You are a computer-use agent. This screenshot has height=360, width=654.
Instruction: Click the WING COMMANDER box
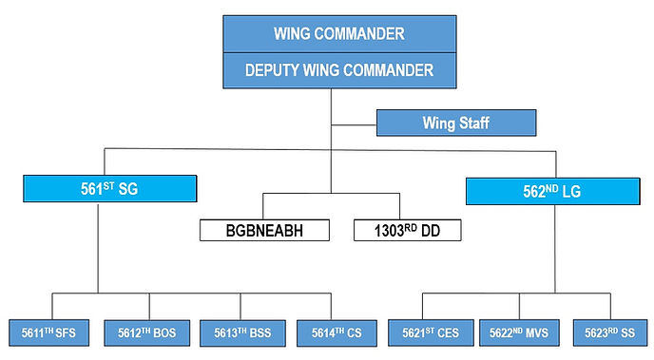[x=338, y=33]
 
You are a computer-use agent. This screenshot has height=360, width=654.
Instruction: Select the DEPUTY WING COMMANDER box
[x=338, y=69]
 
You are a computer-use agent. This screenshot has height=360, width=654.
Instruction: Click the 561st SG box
[x=110, y=190]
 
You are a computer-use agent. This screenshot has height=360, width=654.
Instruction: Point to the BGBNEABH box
[x=263, y=230]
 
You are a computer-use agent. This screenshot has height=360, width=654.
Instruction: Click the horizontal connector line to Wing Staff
[x=354, y=123]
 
